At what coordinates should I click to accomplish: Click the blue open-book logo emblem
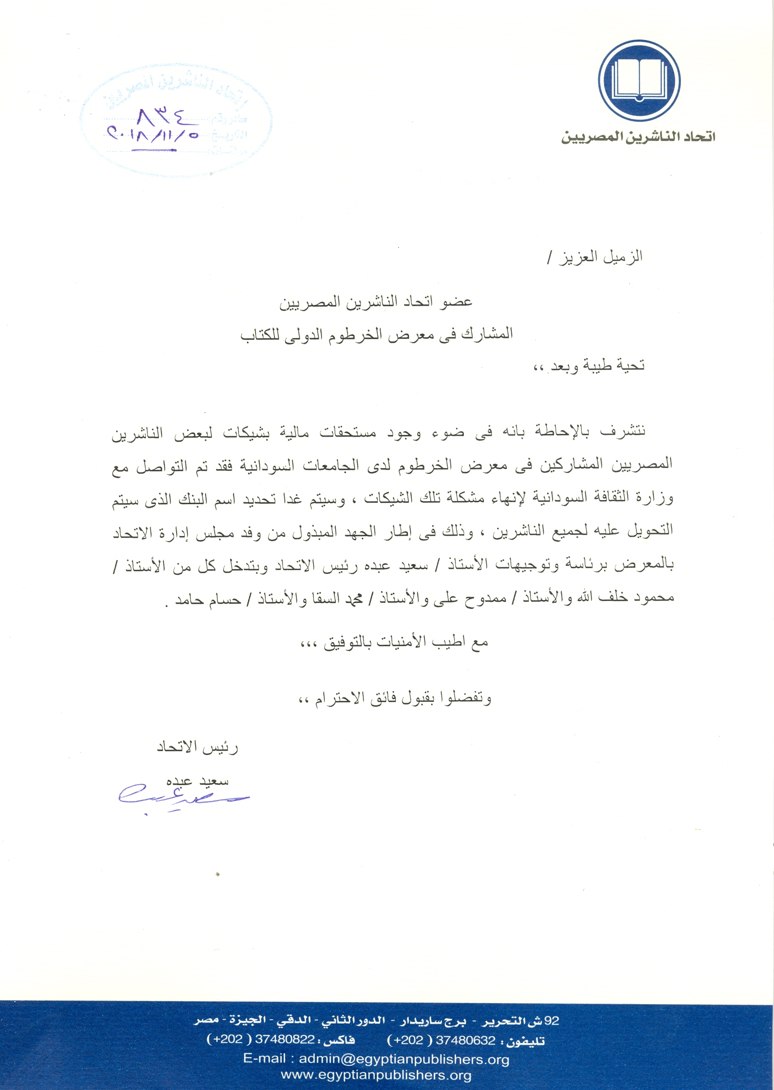point(639,81)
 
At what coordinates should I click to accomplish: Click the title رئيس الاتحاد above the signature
point(198,747)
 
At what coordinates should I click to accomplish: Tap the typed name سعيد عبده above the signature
point(198,781)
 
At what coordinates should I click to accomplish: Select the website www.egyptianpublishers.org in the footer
point(376,1075)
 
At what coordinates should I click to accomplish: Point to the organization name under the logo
point(638,137)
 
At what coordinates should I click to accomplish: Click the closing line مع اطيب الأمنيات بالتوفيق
point(394,643)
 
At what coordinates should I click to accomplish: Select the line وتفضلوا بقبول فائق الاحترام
point(395,698)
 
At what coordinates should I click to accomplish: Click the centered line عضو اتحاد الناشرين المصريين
point(376,302)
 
